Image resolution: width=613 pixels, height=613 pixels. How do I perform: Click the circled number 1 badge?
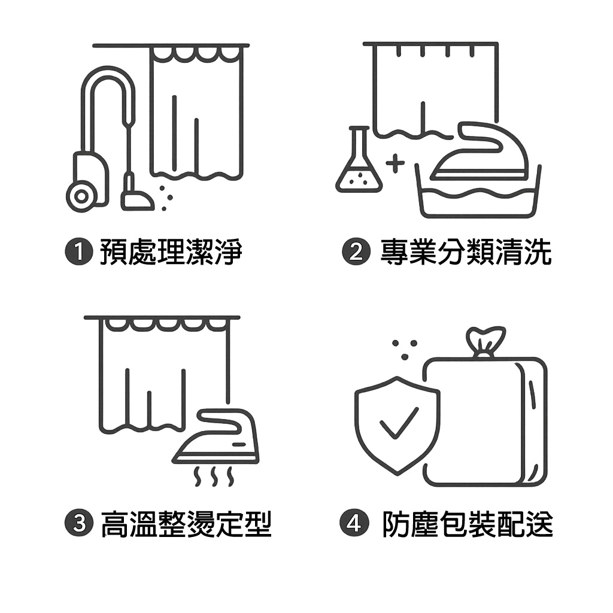pyautogui.click(x=79, y=251)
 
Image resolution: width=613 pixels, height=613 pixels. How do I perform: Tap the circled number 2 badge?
pyautogui.click(x=356, y=251)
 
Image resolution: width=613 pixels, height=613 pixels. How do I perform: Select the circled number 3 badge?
pyautogui.click(x=79, y=523)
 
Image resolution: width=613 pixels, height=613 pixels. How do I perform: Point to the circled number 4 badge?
pyautogui.click(x=354, y=523)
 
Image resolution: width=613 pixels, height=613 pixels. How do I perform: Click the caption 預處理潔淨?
pyautogui.click(x=171, y=252)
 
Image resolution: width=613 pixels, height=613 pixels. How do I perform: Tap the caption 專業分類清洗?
pyautogui.click(x=466, y=252)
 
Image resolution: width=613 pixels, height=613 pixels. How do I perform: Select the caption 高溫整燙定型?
pyautogui.click(x=186, y=523)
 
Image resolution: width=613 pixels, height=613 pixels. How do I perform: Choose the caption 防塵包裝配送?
pyautogui.click(x=468, y=523)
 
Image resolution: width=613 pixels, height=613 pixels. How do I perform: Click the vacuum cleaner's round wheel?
pyautogui.click(x=81, y=196)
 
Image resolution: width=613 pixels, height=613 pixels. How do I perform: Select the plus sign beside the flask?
pyautogui.click(x=395, y=163)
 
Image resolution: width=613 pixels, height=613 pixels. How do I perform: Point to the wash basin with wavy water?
pyautogui.click(x=478, y=192)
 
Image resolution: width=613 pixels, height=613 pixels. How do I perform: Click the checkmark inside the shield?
pyautogui.click(x=399, y=423)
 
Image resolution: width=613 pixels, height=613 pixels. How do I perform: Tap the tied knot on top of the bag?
pyautogui.click(x=485, y=341)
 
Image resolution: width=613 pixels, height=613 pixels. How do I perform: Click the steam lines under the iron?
pyautogui.click(x=214, y=476)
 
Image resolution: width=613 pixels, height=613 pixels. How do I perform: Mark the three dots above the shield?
pyautogui.click(x=405, y=349)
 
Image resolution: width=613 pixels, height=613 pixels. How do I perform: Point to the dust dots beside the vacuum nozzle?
pyautogui.click(x=166, y=198)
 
